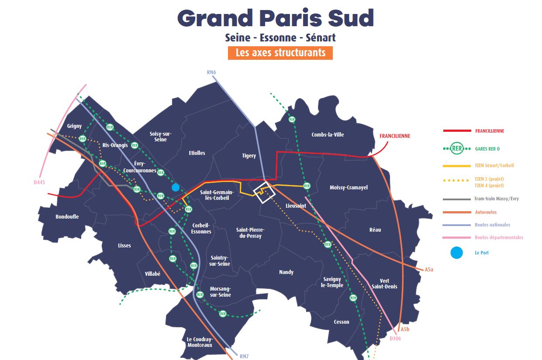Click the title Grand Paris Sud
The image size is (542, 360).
[276, 18]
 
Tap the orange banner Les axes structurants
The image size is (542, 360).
[280, 53]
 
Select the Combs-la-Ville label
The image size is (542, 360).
[328, 135]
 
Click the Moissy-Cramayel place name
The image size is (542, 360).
[349, 188]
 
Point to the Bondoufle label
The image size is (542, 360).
[67, 217]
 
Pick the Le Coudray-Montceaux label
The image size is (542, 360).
[199, 342]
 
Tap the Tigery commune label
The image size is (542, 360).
[249, 156]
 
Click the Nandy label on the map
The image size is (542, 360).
[286, 272]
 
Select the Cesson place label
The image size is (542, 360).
[341, 322]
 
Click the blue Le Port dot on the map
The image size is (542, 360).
[176, 187]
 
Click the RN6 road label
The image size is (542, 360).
[212, 72]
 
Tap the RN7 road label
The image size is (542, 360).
[244, 356]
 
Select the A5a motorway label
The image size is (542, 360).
[429, 270]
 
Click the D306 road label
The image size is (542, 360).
[395, 339]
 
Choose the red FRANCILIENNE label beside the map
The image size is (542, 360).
[395, 136]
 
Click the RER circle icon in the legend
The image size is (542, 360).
[457, 149]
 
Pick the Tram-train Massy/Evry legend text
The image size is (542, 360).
[497, 199]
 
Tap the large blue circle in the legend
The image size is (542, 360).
[456, 253]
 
